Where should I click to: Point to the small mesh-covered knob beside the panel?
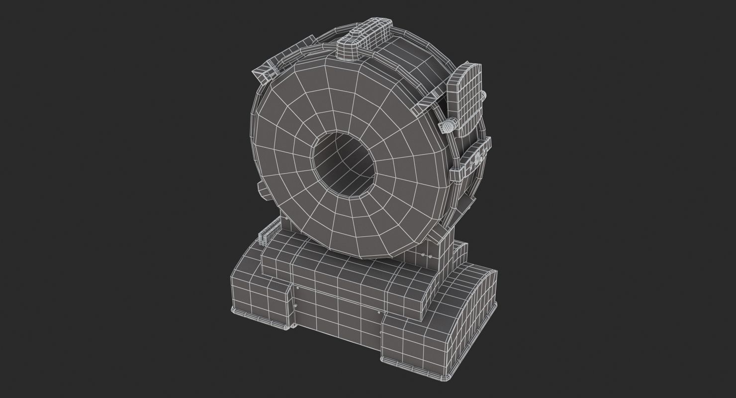pyautogui.click(x=448, y=126)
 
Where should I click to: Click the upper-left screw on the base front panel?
pyautogui.click(x=297, y=288)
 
